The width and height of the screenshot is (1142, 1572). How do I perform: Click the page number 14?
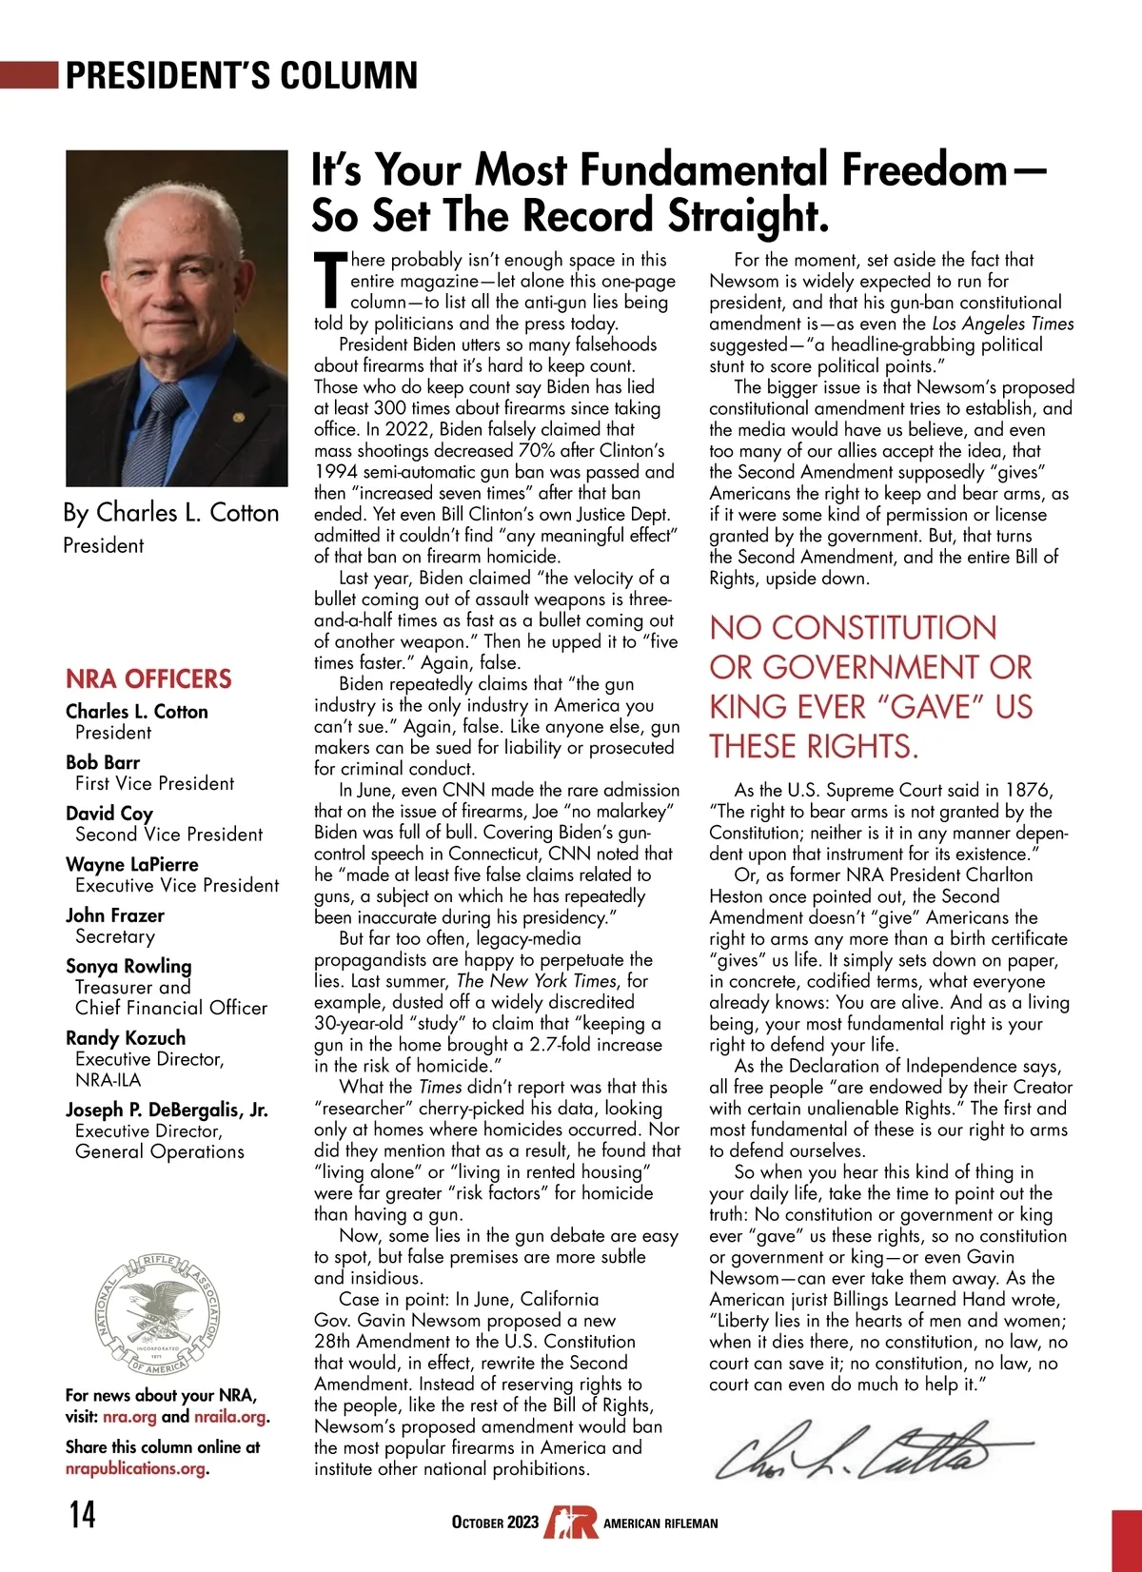(x=83, y=1513)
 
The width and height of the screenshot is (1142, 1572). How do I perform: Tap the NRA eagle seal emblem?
(x=158, y=1314)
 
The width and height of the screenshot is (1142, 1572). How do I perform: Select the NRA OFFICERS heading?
(x=148, y=678)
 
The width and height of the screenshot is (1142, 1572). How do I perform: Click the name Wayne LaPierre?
(x=132, y=864)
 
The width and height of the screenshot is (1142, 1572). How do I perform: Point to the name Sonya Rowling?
(x=128, y=966)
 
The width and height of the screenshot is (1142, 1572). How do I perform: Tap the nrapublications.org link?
(x=135, y=1468)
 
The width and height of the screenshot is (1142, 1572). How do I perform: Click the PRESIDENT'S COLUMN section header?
(x=242, y=75)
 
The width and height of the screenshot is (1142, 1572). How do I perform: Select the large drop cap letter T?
(x=329, y=282)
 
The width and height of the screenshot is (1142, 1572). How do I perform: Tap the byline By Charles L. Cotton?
(x=171, y=513)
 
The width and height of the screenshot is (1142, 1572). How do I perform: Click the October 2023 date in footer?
(x=495, y=1523)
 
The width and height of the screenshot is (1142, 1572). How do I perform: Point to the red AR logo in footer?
(x=571, y=1522)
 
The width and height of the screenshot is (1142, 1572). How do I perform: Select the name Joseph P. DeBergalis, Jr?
(x=167, y=1110)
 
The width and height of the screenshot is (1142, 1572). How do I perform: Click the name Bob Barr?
(x=103, y=762)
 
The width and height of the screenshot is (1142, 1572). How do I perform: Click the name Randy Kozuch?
(x=126, y=1037)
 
